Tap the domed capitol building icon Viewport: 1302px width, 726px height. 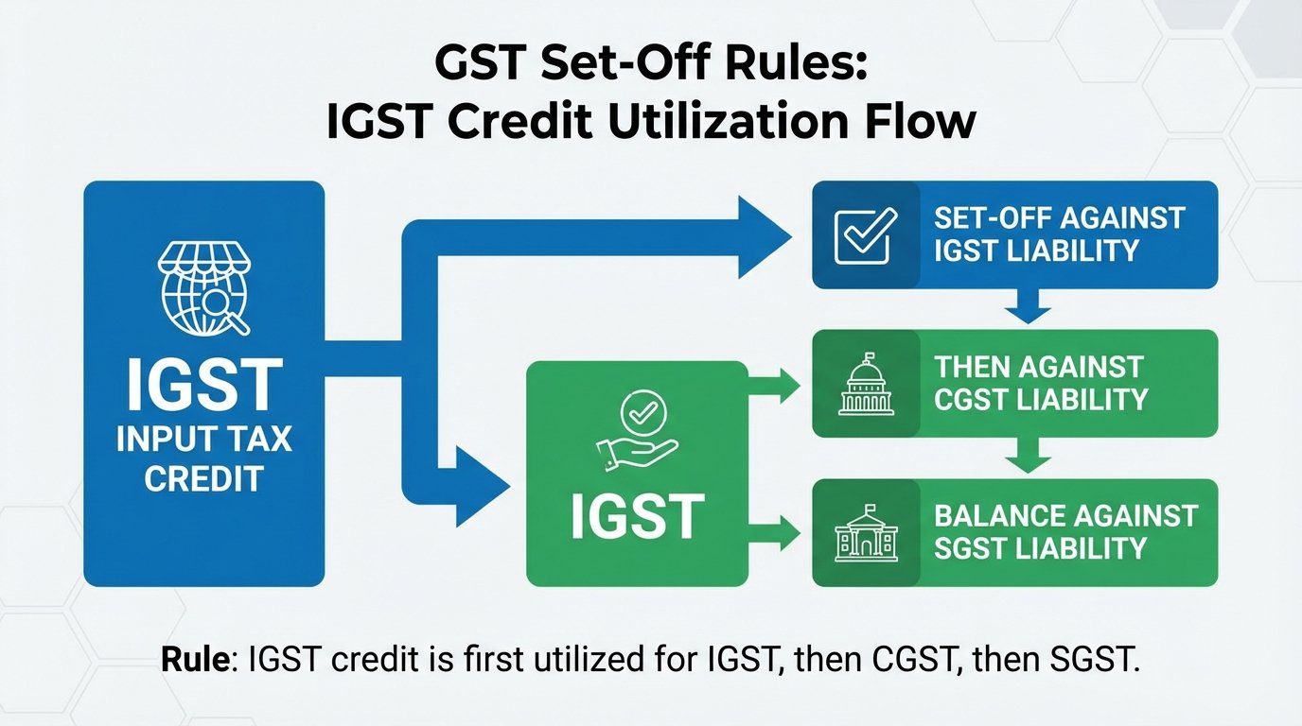click(x=865, y=385)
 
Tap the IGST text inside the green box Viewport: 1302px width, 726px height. click(x=637, y=516)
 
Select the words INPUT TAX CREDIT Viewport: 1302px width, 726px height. click(x=204, y=458)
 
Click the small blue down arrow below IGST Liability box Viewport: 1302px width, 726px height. click(x=1027, y=307)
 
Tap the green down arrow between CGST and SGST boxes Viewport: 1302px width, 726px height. click(x=1027, y=458)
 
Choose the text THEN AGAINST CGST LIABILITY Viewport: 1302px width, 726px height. click(x=1041, y=383)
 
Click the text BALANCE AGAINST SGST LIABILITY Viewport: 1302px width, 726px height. click(x=1065, y=532)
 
